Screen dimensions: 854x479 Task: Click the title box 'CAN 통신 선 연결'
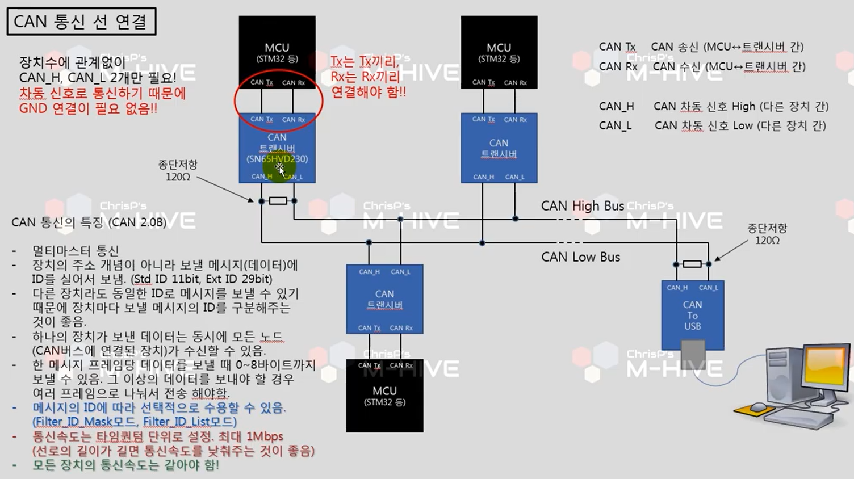coord(81,22)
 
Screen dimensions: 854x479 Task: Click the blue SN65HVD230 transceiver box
coord(277,148)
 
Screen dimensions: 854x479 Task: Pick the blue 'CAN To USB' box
coord(692,315)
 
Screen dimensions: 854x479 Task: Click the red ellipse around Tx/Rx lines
coord(278,101)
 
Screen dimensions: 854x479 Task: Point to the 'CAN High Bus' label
coord(582,205)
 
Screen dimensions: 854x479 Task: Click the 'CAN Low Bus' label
coord(580,257)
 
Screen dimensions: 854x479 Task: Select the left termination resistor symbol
coord(278,200)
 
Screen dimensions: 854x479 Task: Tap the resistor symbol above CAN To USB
coord(692,264)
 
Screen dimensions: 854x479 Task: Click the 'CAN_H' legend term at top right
coord(616,106)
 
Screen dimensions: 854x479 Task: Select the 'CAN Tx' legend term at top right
coord(617,47)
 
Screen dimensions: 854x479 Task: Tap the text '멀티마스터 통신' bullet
coord(76,251)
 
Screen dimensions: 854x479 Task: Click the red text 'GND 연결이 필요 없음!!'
coord(88,108)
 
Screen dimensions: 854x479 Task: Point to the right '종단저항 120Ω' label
coord(767,234)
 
